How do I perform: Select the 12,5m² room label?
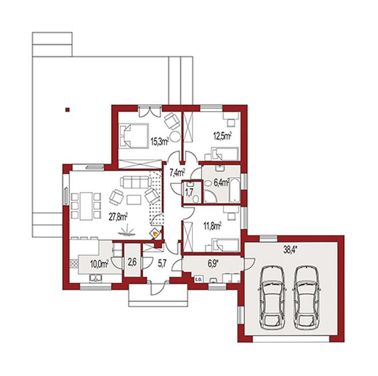click(223, 136)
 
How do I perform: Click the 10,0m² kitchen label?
click(99, 264)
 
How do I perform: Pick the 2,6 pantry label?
click(132, 263)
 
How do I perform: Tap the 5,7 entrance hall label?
click(162, 264)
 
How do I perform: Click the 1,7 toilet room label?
click(189, 193)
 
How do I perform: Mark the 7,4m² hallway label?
click(177, 173)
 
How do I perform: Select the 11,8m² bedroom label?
click(212, 226)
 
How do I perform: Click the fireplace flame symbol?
click(155, 233)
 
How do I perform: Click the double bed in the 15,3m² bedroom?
click(133, 136)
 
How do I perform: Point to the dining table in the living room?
click(86, 206)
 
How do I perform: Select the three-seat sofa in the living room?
click(135, 182)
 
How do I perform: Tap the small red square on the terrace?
click(68, 110)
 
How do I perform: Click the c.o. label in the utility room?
click(198, 280)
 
